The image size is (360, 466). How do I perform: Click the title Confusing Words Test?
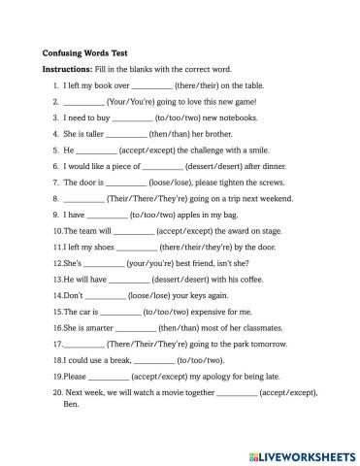84,53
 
